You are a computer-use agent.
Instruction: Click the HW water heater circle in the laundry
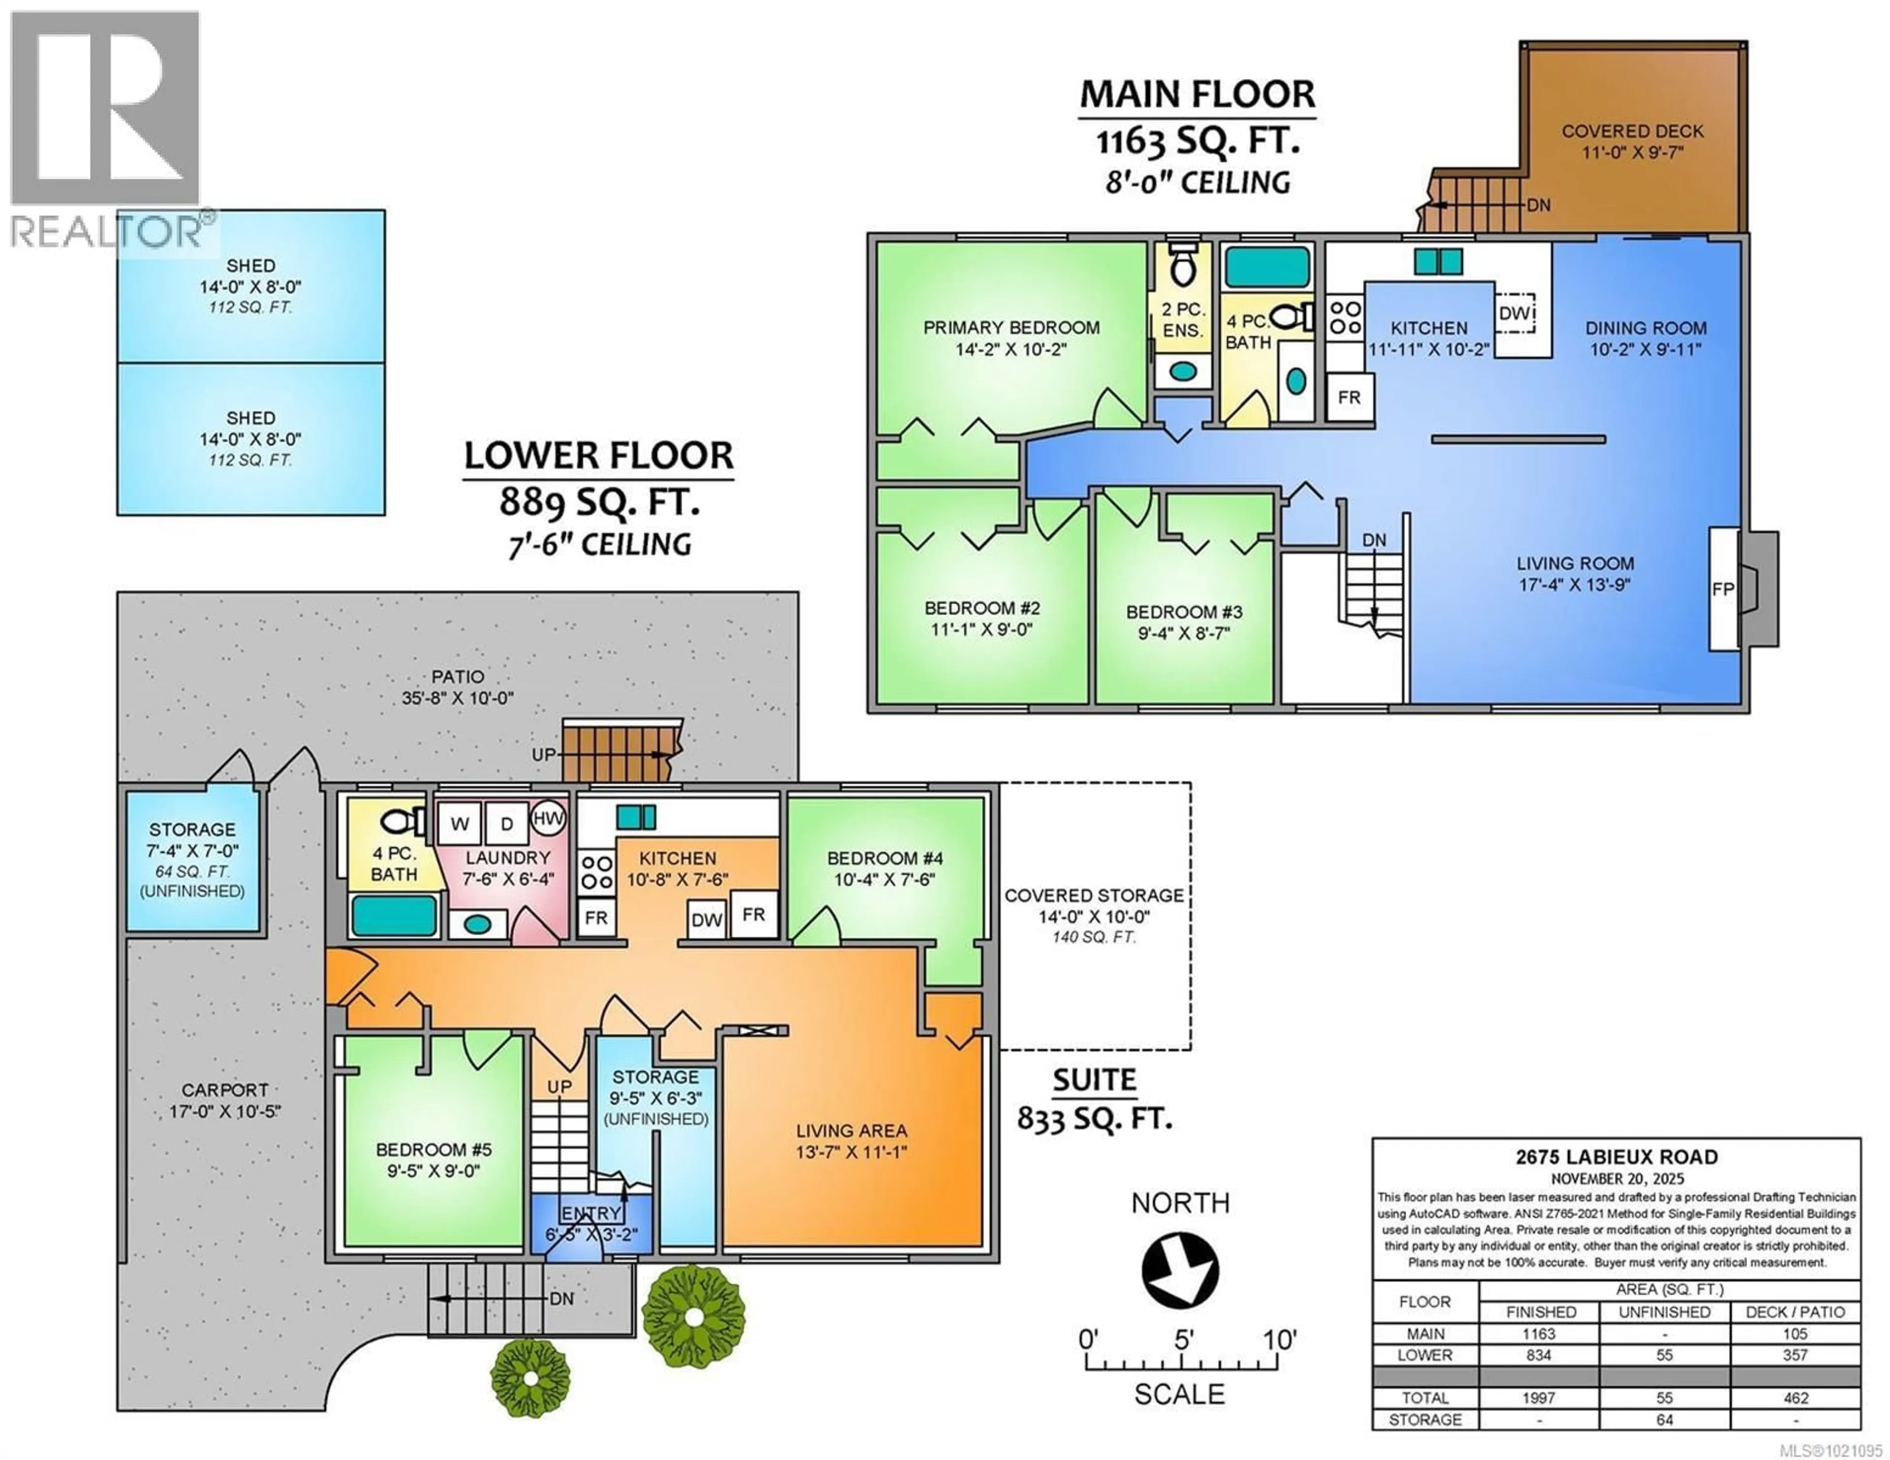coord(547,818)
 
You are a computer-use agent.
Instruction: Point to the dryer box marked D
coord(507,824)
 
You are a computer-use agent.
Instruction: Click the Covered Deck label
coord(1632,131)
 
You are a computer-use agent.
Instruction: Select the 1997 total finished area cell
coord(1539,1398)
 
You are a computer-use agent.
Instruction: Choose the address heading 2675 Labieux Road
coord(1616,1157)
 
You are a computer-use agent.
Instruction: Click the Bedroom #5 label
coord(434,1149)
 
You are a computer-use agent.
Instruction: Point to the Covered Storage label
coord(1094,896)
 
